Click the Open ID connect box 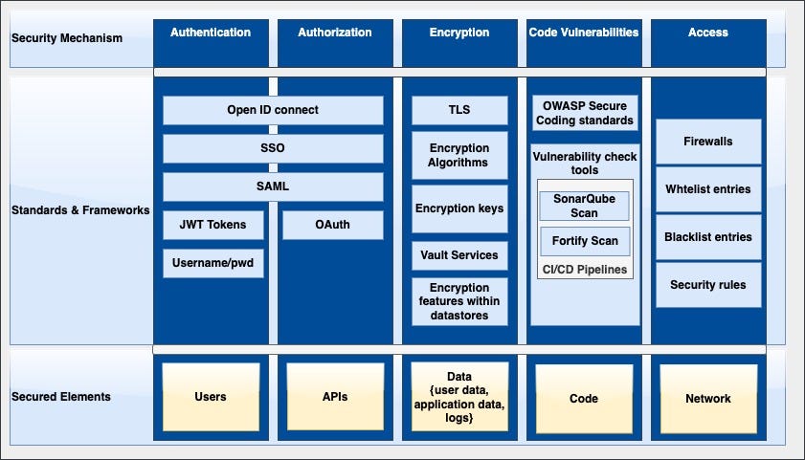tap(273, 110)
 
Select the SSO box tap(273, 148)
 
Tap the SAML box tap(273, 186)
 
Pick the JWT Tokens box tap(212, 225)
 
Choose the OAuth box tap(332, 225)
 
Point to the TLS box tap(459, 110)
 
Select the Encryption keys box tap(459, 208)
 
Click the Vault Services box tap(459, 255)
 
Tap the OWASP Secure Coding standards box tap(584, 113)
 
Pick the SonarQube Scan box tap(584, 206)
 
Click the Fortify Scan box tap(584, 241)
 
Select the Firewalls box tap(708, 142)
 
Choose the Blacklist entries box tap(708, 236)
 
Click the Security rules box tap(708, 284)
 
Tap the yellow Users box tap(211, 396)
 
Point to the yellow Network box tap(708, 398)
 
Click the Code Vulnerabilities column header tap(584, 33)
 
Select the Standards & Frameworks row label tap(80, 209)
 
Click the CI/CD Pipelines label tap(585, 270)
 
